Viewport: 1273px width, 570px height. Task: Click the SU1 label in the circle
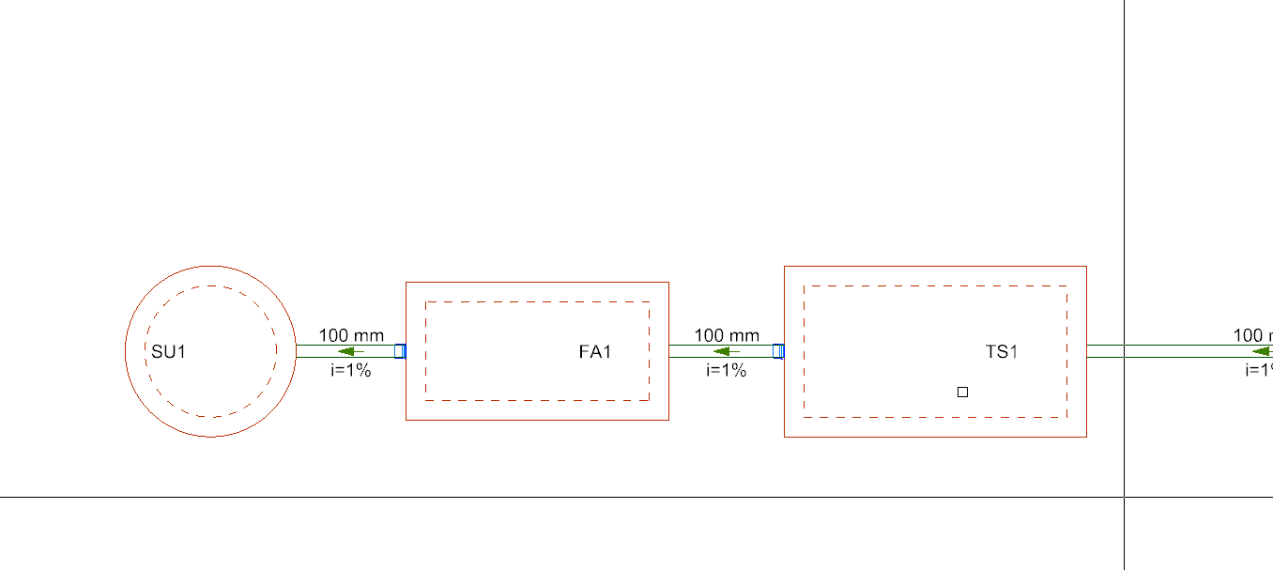[x=169, y=352]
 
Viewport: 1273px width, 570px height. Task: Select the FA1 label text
[x=595, y=352]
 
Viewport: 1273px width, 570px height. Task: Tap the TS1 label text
[x=1002, y=352]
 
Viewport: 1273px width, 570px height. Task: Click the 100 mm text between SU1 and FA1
[x=351, y=335]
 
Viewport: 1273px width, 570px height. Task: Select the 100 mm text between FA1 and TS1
[x=727, y=335]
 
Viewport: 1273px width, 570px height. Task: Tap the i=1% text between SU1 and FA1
[x=351, y=370]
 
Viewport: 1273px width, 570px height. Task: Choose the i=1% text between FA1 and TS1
[x=727, y=370]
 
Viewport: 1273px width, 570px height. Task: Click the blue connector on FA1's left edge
[x=399, y=351]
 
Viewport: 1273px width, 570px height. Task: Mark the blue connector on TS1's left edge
[x=777, y=351]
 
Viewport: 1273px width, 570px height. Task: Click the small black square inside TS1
[x=962, y=392]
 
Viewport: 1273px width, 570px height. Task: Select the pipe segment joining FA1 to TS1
[x=690, y=351]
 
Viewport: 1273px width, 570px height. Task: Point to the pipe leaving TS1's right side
[x=1173, y=351]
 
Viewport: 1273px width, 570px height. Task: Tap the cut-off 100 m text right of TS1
[x=1252, y=335]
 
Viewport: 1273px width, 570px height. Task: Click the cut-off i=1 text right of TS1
[x=1258, y=370]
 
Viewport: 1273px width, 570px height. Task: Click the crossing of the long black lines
[x=1125, y=497]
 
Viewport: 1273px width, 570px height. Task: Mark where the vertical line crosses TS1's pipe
[x=1125, y=351]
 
